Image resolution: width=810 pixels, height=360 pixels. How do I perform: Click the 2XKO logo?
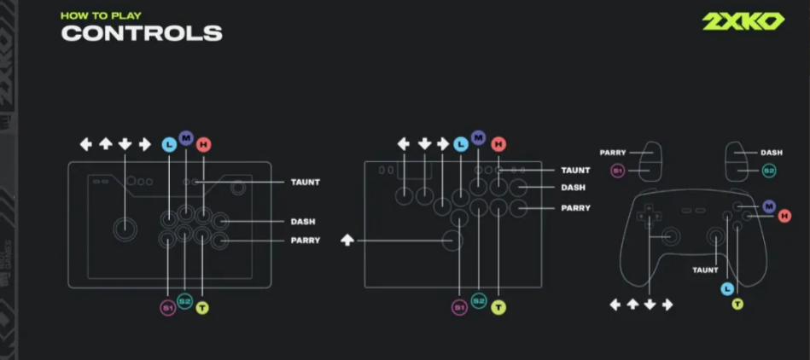point(743,22)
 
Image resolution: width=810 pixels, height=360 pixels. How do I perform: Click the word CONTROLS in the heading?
point(142,33)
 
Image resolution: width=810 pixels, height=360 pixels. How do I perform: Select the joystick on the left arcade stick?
point(125,227)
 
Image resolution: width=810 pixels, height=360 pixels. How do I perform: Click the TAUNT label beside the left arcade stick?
point(306,182)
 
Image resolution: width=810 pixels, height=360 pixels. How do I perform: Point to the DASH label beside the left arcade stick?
point(303,221)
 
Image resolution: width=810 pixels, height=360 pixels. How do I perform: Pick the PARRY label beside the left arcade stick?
point(306,241)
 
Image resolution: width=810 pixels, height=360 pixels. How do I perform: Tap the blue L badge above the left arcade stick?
point(169,144)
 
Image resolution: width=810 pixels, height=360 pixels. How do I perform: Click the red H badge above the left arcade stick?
point(203,144)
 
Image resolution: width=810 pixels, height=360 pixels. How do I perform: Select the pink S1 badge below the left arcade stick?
point(168,307)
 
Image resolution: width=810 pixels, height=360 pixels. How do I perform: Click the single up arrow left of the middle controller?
point(347,241)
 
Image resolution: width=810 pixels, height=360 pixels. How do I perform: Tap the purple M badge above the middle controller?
point(478,137)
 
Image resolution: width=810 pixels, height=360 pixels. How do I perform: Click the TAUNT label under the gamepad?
point(705,270)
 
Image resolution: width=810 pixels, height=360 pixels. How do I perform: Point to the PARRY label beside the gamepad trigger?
point(613,153)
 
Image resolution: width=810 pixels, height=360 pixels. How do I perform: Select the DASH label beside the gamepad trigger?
point(772,153)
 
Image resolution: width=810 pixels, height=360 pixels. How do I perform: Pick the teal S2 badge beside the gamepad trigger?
point(769,171)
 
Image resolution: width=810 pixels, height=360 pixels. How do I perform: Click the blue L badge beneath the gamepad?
point(726,288)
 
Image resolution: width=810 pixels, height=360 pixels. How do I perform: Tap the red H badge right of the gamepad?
point(784,216)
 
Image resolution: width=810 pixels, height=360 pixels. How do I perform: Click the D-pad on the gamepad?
point(650,215)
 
